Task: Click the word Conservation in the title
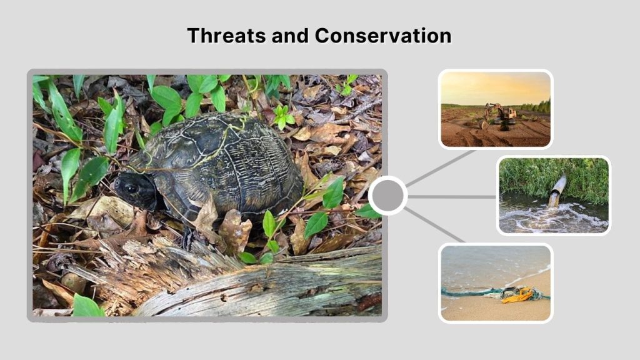pos(382,36)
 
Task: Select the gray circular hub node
pos(387,196)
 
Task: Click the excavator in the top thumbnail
pos(500,115)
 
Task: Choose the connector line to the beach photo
pos(434,224)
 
